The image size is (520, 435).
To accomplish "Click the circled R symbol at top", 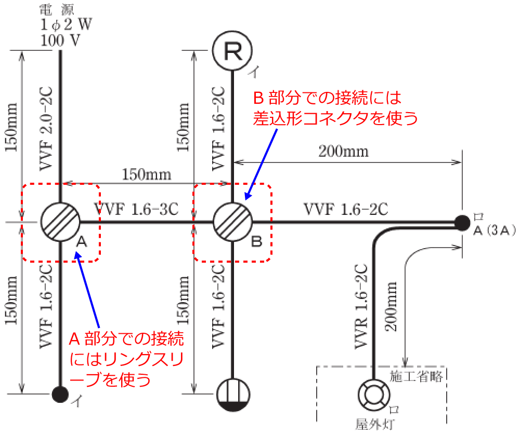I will pos(232,50).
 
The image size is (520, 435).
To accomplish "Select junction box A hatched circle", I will pos(60,222).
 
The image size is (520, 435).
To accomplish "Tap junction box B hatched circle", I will pos(232,222).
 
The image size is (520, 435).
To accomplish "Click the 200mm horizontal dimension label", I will pos(344,151).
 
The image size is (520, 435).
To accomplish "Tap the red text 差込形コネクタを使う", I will pos(335,119).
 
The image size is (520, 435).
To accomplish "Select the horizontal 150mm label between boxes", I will pos(147,174).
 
